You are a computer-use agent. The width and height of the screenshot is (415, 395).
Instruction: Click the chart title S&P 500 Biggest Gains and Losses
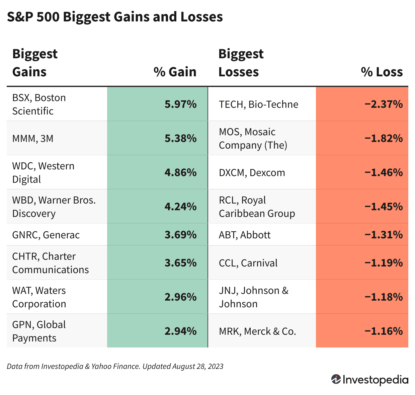coord(115,17)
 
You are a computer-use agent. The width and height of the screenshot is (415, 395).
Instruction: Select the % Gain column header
coord(175,72)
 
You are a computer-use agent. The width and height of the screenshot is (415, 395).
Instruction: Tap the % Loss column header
coord(382,72)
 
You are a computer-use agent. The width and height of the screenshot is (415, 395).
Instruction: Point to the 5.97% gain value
coord(180,104)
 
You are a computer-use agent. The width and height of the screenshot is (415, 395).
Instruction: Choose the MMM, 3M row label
coord(33,138)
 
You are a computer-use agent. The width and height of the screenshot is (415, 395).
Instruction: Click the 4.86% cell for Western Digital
coord(180,173)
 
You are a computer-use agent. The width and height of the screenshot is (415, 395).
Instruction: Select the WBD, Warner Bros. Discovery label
coord(54,207)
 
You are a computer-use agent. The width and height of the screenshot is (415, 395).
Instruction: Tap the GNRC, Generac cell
coord(46,235)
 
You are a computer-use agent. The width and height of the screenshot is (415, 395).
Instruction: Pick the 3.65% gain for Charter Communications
coord(180,263)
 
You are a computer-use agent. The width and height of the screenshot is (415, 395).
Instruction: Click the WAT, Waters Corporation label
coord(39,297)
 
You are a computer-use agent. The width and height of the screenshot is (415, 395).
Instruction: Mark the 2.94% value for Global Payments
coord(180,331)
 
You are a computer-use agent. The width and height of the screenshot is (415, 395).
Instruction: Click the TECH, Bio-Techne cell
coord(258,104)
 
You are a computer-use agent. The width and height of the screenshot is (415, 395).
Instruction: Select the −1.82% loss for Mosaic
coord(384,139)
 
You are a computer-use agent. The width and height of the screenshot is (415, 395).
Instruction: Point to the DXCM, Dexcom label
coord(252,173)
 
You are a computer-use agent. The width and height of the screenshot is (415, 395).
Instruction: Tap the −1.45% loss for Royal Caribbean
coord(384,207)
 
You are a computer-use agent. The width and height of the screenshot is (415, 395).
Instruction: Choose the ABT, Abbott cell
coord(245,235)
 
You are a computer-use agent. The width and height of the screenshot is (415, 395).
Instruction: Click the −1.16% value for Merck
coord(384,331)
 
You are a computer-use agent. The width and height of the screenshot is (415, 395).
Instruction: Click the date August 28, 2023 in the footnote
coord(198,366)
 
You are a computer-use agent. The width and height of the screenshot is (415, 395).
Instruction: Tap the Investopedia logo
coord(370,380)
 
